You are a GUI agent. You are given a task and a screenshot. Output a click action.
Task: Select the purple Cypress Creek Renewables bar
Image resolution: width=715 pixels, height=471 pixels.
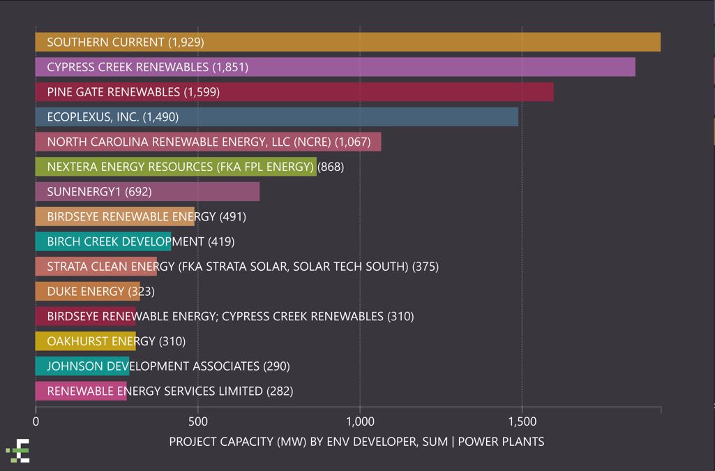tap(335, 67)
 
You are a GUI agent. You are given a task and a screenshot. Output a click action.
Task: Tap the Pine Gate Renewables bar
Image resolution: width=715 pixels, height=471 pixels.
tap(294, 92)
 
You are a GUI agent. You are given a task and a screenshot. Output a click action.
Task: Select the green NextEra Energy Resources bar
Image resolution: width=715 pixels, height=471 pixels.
tap(175, 167)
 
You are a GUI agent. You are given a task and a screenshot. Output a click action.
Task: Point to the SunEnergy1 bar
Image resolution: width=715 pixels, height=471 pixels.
tap(147, 192)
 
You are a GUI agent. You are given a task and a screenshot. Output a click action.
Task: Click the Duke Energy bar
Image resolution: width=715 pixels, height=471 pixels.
tap(87, 292)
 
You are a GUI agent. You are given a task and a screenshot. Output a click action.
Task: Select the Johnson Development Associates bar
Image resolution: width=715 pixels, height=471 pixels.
tap(82, 366)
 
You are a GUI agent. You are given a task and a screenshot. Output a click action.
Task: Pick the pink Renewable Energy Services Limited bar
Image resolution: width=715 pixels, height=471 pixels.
tap(80, 391)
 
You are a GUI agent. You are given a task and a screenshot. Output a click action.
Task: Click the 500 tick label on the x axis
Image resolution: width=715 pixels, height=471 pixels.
tap(198, 422)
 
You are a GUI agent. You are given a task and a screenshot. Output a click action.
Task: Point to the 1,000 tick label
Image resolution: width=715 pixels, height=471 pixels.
tap(360, 422)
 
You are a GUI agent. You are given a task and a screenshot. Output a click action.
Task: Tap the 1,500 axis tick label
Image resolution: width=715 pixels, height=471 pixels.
tap(522, 422)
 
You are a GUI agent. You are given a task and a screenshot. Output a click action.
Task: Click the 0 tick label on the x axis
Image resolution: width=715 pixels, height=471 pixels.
tap(36, 422)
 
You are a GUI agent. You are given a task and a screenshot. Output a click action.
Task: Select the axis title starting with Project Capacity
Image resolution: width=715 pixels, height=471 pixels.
tap(356, 442)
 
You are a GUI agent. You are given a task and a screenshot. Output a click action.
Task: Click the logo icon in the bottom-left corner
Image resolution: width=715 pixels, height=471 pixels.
tap(19, 451)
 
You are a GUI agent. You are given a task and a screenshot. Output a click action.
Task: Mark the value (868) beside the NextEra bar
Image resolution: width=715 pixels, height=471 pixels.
tap(331, 167)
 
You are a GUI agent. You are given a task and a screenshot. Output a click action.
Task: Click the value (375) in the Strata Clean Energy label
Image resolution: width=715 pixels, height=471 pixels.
tap(426, 267)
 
